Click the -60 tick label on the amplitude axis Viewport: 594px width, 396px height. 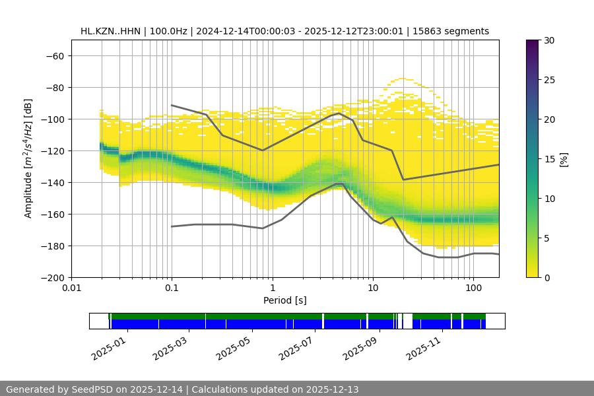[55, 55]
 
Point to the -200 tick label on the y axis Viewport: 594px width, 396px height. [52, 277]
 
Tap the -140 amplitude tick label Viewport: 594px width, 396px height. [52, 182]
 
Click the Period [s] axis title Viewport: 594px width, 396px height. [285, 301]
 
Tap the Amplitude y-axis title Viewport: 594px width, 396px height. [28, 158]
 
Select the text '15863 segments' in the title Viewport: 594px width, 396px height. [455, 31]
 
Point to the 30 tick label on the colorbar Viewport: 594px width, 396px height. [548, 40]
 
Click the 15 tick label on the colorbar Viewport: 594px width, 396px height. [548, 159]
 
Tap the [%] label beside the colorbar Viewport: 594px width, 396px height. [564, 159]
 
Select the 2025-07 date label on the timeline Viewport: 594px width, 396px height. [295, 345]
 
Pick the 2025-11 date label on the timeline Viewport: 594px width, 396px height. [422, 345]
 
